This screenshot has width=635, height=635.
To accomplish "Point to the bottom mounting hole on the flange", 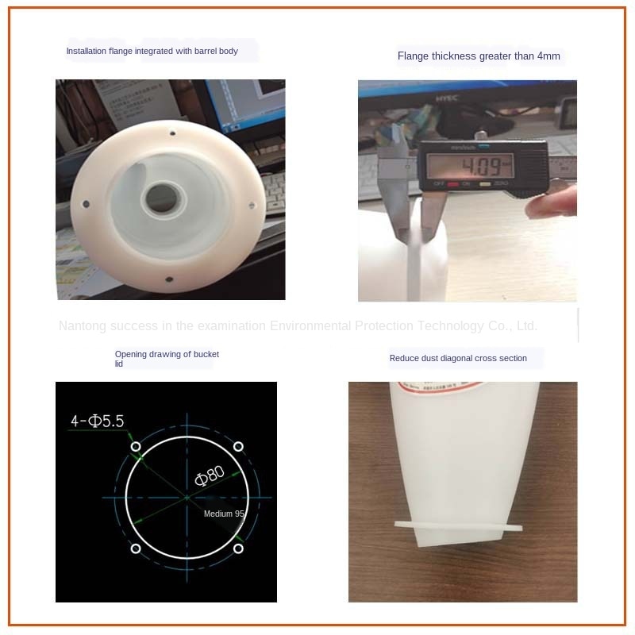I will click(x=168, y=279).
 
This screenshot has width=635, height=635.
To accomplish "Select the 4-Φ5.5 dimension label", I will click(x=98, y=421).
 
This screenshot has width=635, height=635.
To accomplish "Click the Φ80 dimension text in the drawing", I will click(x=210, y=475).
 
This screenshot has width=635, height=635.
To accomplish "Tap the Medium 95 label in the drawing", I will click(x=225, y=514).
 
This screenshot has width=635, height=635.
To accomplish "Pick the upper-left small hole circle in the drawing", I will click(x=136, y=446).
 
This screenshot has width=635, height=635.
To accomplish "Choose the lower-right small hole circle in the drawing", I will click(x=238, y=548).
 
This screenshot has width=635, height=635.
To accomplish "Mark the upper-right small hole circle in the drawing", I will click(x=238, y=446).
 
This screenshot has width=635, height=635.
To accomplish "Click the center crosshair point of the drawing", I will click(x=187, y=498).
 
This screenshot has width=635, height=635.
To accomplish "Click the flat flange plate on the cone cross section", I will click(x=460, y=525).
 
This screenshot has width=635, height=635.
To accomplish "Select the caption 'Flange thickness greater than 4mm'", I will click(x=479, y=56).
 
